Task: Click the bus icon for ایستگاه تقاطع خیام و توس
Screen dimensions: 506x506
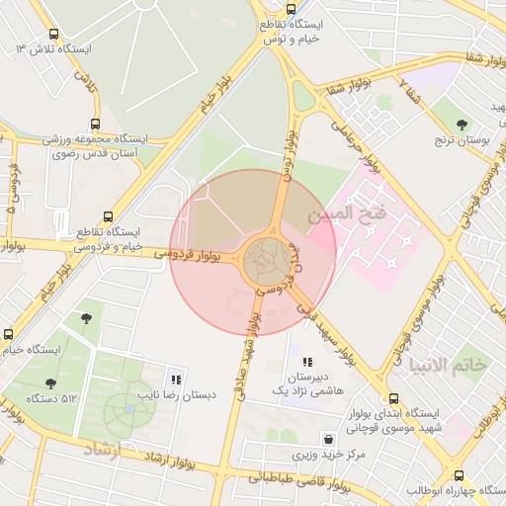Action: tap(288, 10)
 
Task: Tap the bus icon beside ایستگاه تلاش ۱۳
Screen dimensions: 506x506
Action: tap(22, 47)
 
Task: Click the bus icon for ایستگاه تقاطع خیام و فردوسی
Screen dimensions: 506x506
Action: tap(108, 216)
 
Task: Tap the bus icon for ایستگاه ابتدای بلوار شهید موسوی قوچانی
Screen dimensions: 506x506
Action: tap(394, 399)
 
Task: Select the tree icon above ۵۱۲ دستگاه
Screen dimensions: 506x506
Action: tap(50, 383)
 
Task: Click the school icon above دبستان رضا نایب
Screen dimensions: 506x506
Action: tap(176, 379)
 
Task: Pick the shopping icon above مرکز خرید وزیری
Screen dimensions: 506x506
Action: tap(327, 439)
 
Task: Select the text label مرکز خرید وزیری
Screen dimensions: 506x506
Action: tap(330, 457)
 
